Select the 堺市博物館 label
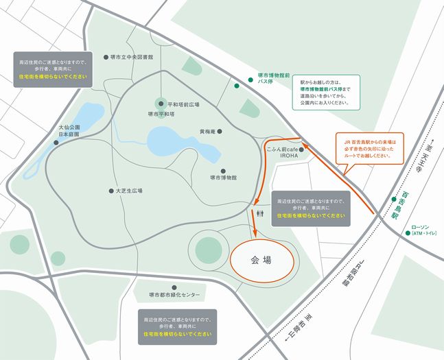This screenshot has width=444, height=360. click(x=223, y=178)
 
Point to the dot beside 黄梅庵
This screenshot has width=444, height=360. click(x=220, y=131)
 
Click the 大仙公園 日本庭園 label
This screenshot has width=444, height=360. click(x=69, y=131)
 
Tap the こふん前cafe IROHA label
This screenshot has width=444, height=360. click(x=277, y=152)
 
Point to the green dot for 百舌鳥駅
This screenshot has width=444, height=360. click(x=394, y=200)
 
